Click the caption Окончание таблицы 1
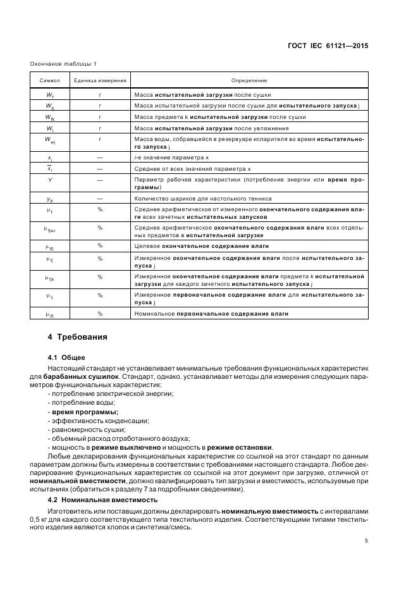pos(63,64)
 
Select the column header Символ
pos(50,81)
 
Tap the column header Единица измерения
pos(100,81)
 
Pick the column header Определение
pos(249,81)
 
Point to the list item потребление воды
pos(82,403)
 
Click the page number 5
pos(366,541)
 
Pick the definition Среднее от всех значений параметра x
pos(193,169)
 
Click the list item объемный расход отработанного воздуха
pos(120,438)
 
